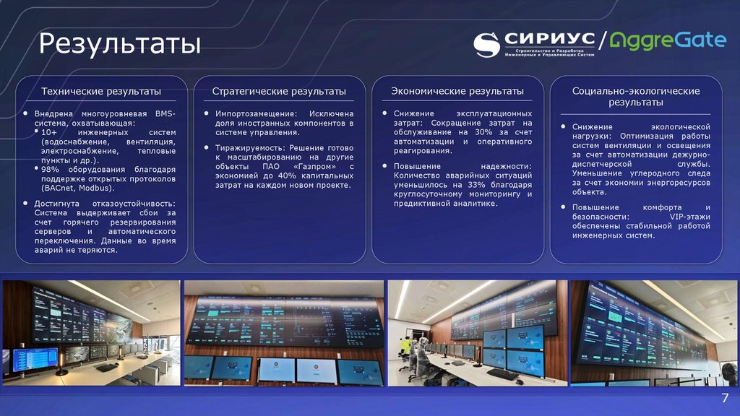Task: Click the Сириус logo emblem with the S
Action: click(x=487, y=44)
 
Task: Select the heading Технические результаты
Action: click(x=101, y=92)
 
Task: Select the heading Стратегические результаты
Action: click(x=279, y=92)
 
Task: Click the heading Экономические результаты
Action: click(x=457, y=92)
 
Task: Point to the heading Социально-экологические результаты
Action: click(x=636, y=97)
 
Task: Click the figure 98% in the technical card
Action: click(x=51, y=169)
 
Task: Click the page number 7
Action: click(x=724, y=400)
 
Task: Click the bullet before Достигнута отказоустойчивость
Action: click(x=26, y=204)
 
